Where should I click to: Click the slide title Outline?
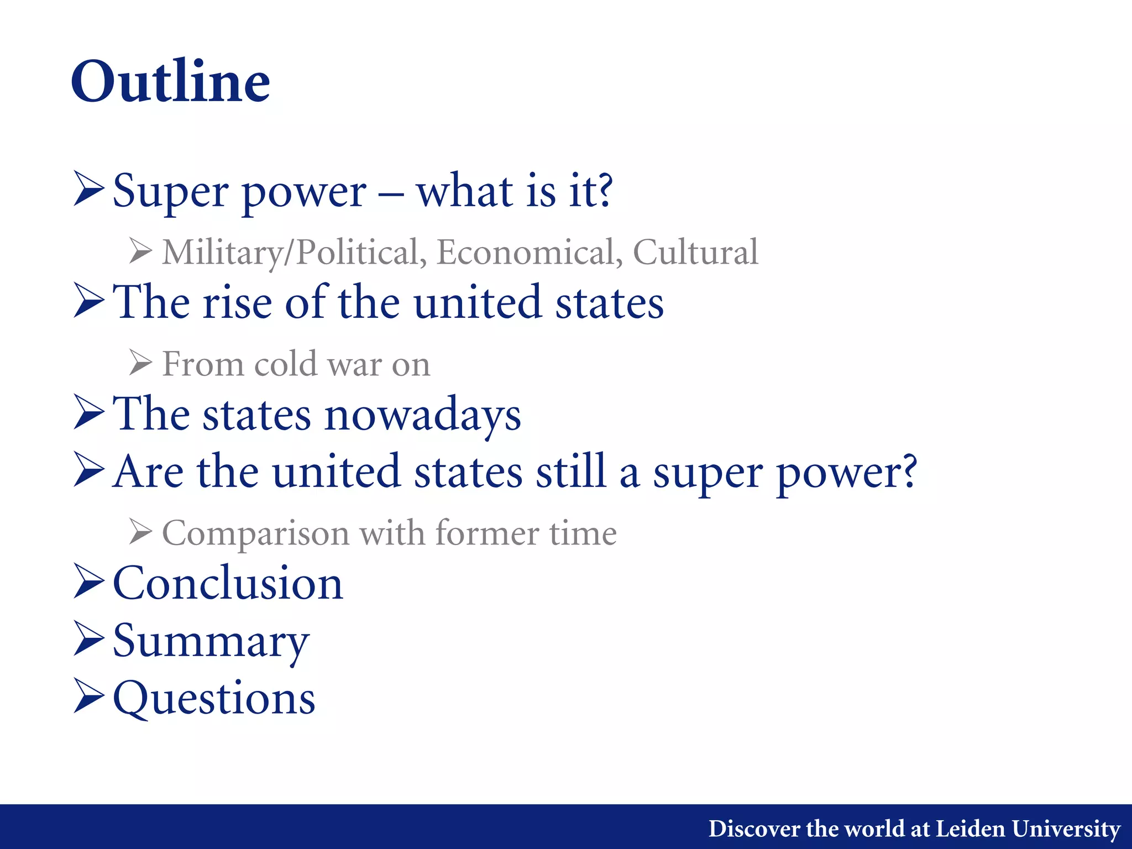point(170,82)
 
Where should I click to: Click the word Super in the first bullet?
point(170,191)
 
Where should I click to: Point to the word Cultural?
point(695,252)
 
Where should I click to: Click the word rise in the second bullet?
point(237,303)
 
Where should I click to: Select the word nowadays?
point(422,416)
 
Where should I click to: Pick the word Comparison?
point(255,534)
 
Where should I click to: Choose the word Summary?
point(211,641)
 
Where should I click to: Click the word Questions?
point(214,698)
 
